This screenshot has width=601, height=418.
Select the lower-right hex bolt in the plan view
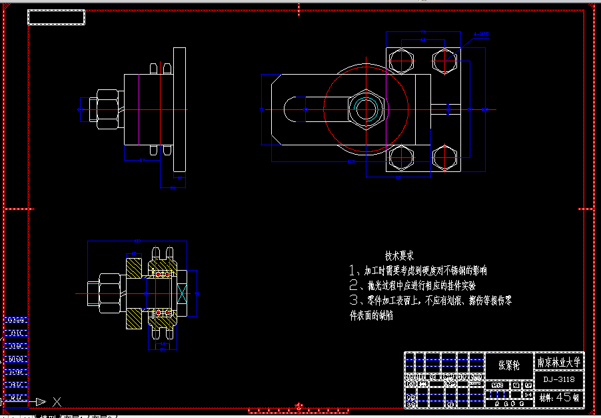[x=444, y=159]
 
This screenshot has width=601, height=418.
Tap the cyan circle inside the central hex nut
[x=364, y=109]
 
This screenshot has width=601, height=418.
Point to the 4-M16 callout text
[x=481, y=33]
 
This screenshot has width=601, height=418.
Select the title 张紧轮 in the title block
[x=509, y=365]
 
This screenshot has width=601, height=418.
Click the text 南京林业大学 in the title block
[x=560, y=363]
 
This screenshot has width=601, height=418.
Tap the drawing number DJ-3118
[x=559, y=379]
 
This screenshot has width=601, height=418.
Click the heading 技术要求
[x=399, y=255]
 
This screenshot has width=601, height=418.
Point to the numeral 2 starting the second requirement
[x=354, y=285]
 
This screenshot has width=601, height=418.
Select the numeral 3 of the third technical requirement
[x=354, y=301]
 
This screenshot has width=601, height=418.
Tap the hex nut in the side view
[x=107, y=109]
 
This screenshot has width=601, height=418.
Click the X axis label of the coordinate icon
[x=57, y=402]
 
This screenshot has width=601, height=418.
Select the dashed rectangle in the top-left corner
[x=57, y=18]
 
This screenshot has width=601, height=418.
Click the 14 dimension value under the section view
[x=163, y=344]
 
